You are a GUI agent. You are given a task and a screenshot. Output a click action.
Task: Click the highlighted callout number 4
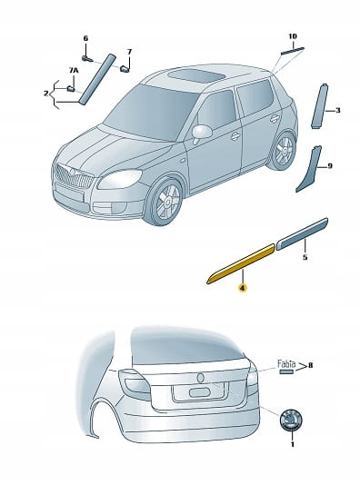[x=243, y=288]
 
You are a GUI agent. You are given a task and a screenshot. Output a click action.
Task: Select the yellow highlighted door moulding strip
[x=241, y=264]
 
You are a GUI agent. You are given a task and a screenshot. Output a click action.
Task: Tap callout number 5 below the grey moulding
[x=305, y=257]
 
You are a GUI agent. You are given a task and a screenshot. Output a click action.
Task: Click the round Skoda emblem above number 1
[x=291, y=420]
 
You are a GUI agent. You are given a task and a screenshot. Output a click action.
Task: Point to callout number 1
[x=293, y=444]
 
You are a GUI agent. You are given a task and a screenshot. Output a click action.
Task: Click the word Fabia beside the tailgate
[x=286, y=364]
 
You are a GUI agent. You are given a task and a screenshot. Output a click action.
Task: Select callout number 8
[x=310, y=365]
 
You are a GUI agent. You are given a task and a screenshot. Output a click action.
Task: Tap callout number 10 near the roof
[x=293, y=36]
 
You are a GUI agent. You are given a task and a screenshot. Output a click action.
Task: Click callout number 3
[x=337, y=111]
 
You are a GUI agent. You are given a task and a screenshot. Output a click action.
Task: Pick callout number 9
[x=330, y=165]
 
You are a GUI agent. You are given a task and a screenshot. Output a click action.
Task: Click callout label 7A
[x=74, y=71]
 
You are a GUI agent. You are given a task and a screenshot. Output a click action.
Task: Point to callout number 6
[x=85, y=38]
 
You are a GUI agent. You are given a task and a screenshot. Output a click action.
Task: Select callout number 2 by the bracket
[x=46, y=94]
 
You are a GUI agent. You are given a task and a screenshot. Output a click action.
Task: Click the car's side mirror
[x=202, y=132]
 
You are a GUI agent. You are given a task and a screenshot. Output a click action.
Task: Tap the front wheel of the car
[x=164, y=201]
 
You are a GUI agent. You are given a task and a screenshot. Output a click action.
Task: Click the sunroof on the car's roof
[x=196, y=75]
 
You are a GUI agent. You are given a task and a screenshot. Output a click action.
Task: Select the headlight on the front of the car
[x=119, y=179]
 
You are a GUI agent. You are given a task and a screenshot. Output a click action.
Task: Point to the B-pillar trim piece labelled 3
[x=319, y=106]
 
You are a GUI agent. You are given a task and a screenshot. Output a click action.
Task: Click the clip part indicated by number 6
[x=86, y=58]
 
